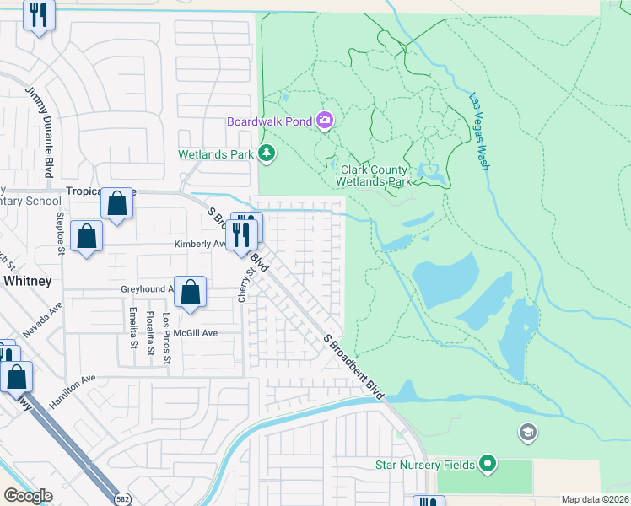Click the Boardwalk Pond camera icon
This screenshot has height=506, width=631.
click(x=325, y=121)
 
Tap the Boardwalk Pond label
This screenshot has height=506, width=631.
click(x=269, y=121)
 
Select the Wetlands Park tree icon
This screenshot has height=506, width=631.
click(x=267, y=153)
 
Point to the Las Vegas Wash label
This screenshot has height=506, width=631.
click(x=479, y=132)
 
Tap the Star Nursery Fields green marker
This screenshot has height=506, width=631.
click(x=487, y=463)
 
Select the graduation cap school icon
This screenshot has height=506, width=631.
click(x=527, y=433)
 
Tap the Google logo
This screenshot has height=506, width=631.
click(x=28, y=496)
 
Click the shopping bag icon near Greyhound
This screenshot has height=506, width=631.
click(x=191, y=292)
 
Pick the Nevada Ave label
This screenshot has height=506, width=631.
click(x=43, y=321)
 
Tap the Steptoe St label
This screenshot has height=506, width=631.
click(x=61, y=233)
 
